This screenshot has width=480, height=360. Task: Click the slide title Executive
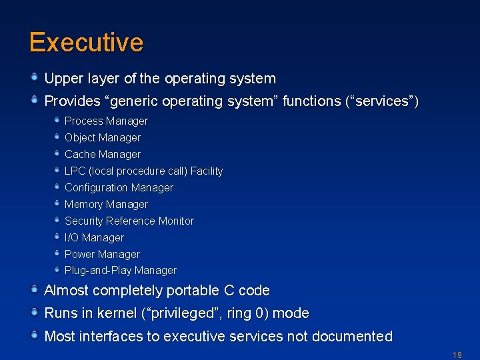click(86, 43)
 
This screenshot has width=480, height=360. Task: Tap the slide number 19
click(457, 355)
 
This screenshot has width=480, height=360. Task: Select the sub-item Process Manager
click(106, 121)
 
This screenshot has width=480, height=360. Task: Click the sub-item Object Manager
click(103, 138)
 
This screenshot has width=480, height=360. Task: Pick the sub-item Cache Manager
click(103, 155)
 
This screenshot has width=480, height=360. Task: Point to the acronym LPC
click(75, 171)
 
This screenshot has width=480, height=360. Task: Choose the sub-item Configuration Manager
click(119, 188)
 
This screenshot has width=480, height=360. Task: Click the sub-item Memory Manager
click(106, 205)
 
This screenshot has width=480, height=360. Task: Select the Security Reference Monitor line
click(129, 221)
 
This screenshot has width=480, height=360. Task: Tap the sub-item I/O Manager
click(94, 238)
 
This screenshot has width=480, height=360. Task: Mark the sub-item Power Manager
click(102, 255)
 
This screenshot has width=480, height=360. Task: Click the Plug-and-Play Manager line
click(121, 271)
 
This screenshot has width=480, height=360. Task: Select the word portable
click(193, 291)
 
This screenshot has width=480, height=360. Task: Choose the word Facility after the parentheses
click(207, 171)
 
